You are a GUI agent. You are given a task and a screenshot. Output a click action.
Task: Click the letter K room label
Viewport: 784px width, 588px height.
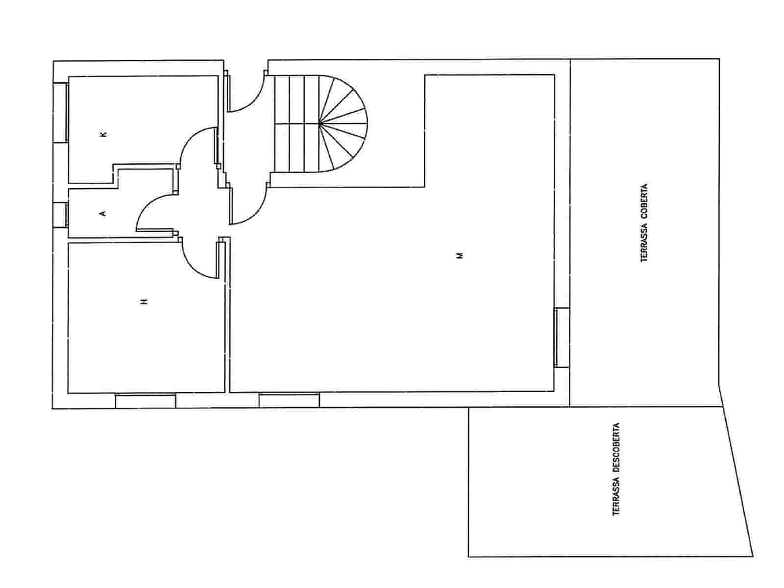point(103,135)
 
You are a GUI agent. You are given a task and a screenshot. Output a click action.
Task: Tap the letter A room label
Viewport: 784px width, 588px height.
point(103,214)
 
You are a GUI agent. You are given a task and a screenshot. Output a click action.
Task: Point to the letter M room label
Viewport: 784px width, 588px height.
point(460,256)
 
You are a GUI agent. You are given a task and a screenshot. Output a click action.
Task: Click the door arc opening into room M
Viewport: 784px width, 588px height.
point(256,214)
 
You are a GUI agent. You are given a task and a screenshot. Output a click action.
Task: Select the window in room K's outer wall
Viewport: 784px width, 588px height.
point(61,113)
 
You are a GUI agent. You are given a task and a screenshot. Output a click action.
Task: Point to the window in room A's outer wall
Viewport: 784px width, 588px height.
point(61,215)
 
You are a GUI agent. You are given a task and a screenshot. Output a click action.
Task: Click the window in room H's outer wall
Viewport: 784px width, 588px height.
point(146,400)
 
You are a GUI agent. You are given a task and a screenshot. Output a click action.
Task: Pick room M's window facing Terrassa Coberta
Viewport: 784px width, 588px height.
point(562,337)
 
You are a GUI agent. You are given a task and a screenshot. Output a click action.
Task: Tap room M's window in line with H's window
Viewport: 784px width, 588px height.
point(289,400)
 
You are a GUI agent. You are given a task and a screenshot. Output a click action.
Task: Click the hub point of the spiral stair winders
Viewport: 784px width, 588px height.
point(319,123)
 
